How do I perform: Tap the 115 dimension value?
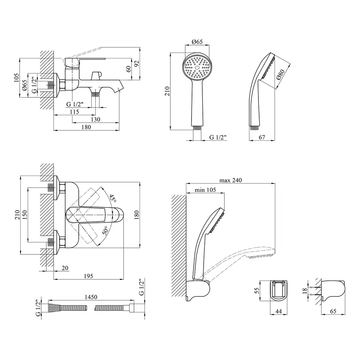click(x=74, y=112)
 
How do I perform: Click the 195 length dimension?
click(x=89, y=276)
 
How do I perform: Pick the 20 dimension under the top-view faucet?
click(x=65, y=268)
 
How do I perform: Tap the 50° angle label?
click(x=105, y=232)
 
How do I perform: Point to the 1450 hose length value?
click(x=92, y=298)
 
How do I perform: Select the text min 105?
click(x=205, y=190)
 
